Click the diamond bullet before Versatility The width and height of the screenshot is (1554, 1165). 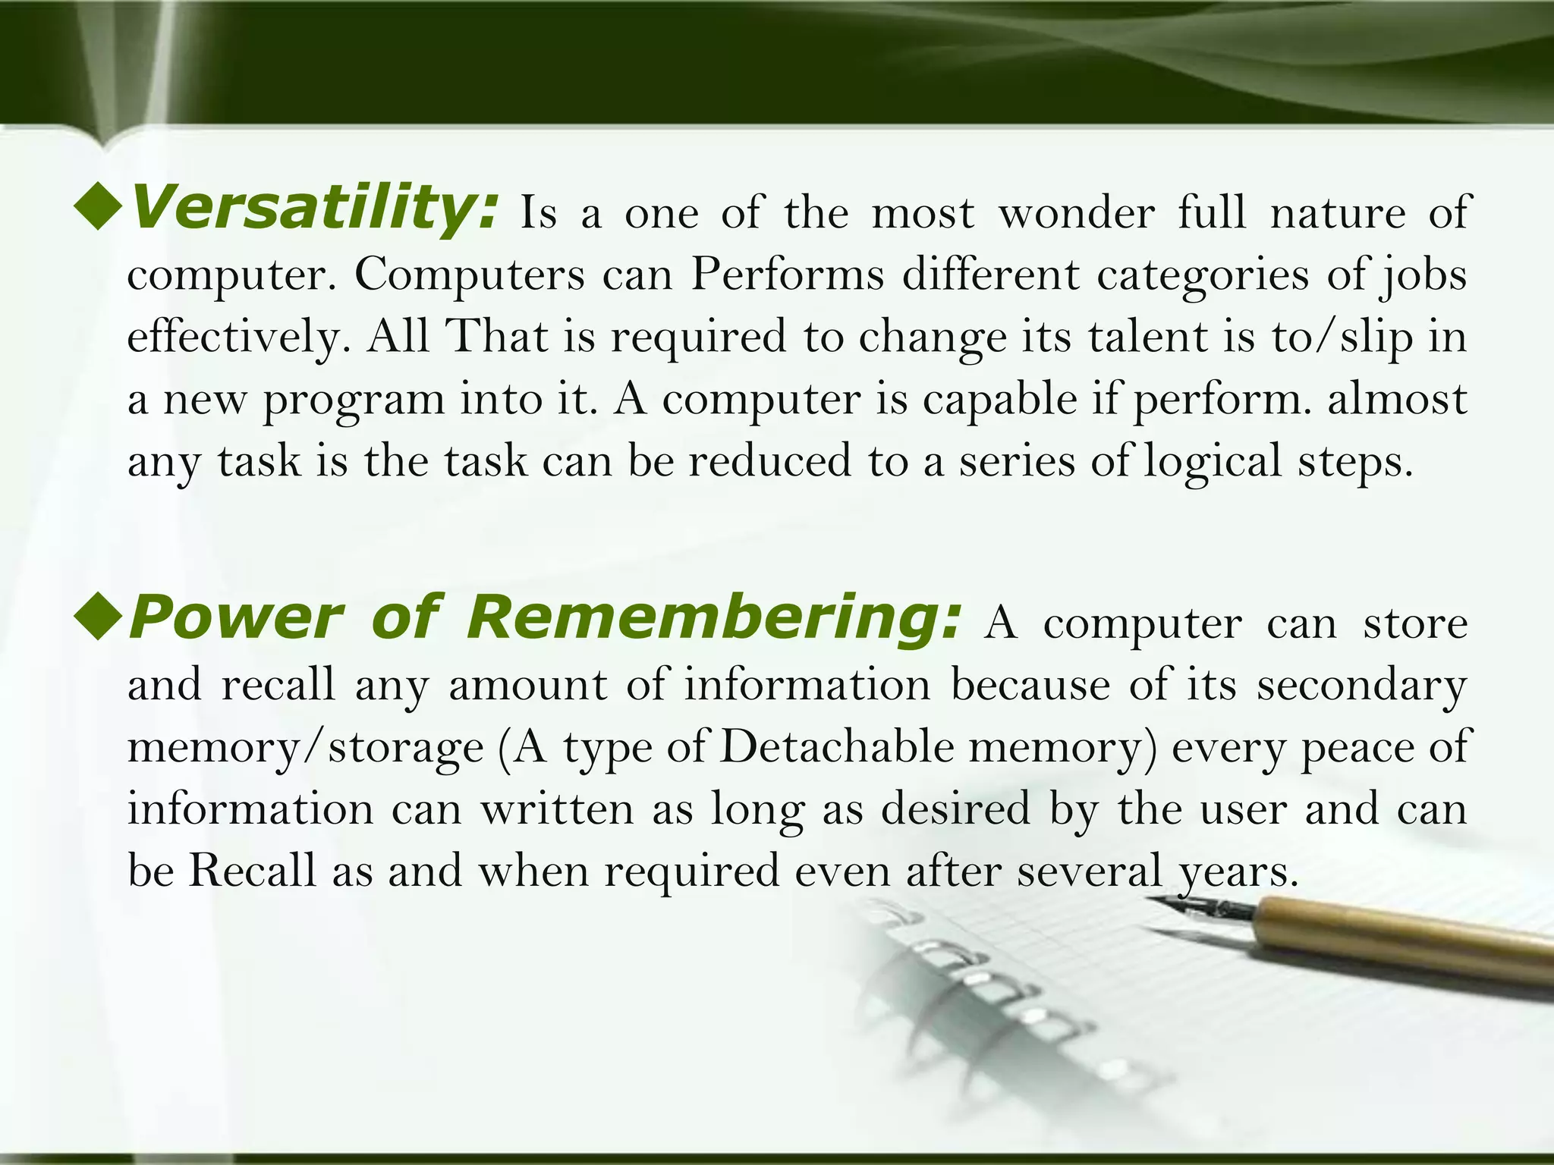pos(99,208)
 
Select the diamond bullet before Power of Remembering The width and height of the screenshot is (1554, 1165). pos(99,618)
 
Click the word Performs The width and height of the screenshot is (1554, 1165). pos(788,275)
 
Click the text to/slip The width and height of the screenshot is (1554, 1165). pos(1342,338)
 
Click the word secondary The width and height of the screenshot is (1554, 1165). pos(1361,686)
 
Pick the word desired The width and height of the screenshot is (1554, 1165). pos(956,809)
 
